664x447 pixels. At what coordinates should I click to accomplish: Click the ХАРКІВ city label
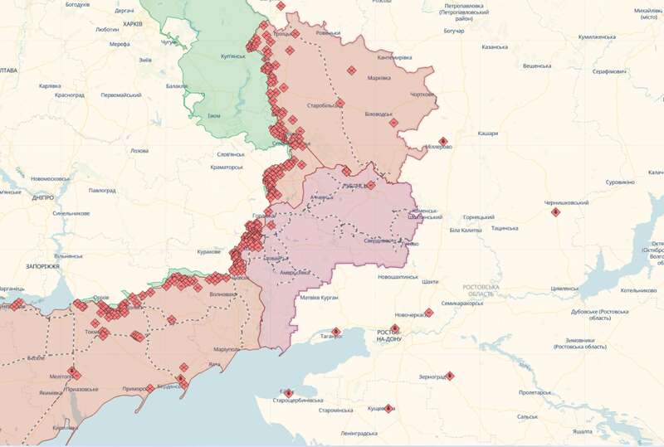pos(133,24)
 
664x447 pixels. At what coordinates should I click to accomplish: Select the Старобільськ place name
pos(324,106)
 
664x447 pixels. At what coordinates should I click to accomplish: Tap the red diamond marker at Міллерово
pos(443,141)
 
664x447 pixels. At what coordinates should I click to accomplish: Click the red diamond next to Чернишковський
pos(556,212)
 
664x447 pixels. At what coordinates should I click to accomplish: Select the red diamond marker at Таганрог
pos(336,332)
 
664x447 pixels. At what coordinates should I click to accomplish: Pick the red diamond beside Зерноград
pos(450,377)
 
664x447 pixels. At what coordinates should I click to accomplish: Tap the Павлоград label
pos(103,190)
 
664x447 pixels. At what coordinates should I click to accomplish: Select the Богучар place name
pos(454,31)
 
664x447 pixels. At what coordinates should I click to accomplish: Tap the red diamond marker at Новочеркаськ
pos(429,313)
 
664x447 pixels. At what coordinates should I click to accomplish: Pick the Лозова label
pos(139,151)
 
